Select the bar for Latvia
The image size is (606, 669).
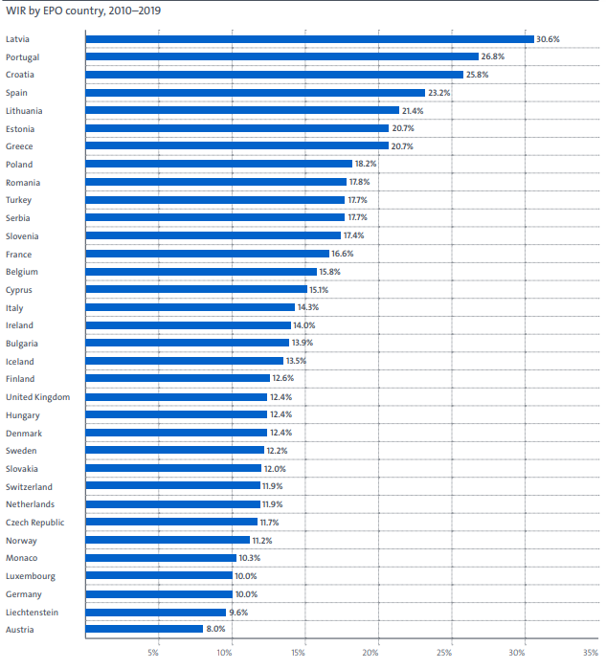[x=308, y=39]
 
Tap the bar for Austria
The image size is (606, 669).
[x=144, y=629]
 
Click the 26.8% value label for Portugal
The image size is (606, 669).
[x=492, y=57]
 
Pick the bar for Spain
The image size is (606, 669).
[x=255, y=93]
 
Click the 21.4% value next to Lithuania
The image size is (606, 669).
[x=413, y=111]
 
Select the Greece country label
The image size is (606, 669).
[x=19, y=146]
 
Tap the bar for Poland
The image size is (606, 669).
[x=218, y=165]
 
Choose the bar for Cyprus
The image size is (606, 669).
[x=196, y=289]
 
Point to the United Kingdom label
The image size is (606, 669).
[x=37, y=397]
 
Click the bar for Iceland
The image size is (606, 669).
[x=184, y=361]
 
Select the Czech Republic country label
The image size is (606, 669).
[x=35, y=522]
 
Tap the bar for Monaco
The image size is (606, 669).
[x=161, y=557]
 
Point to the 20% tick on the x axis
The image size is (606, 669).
[x=370, y=654]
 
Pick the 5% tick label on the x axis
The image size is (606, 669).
[x=153, y=654]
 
